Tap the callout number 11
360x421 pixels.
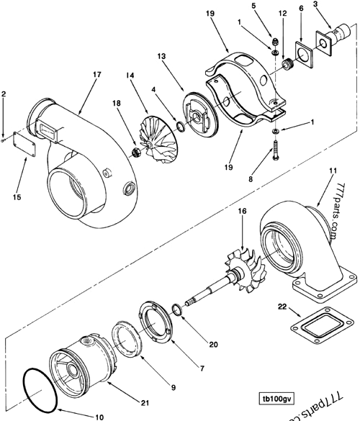coord(333,170)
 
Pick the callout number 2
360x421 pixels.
coord(4,94)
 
